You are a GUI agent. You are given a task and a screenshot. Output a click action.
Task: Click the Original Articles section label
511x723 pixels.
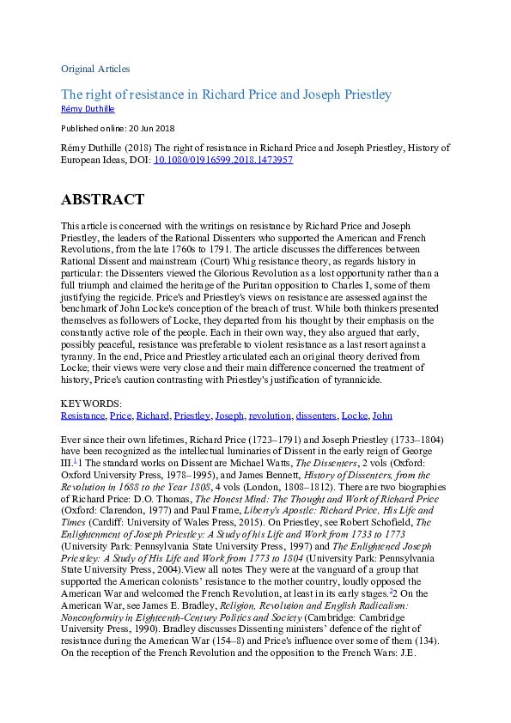(95, 68)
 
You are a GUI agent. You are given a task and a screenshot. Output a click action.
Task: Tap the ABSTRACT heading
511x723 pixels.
(102, 200)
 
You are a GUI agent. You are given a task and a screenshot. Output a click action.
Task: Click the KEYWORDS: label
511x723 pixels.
(91, 404)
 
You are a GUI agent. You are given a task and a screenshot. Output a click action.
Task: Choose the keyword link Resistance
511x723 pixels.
(83, 416)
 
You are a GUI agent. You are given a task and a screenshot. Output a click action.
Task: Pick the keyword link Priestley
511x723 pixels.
(192, 416)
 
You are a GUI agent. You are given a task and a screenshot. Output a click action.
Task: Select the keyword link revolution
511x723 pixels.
(269, 416)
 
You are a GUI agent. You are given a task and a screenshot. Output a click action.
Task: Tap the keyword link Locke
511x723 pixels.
(354, 416)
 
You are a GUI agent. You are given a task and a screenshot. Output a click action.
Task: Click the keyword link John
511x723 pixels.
(382, 416)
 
